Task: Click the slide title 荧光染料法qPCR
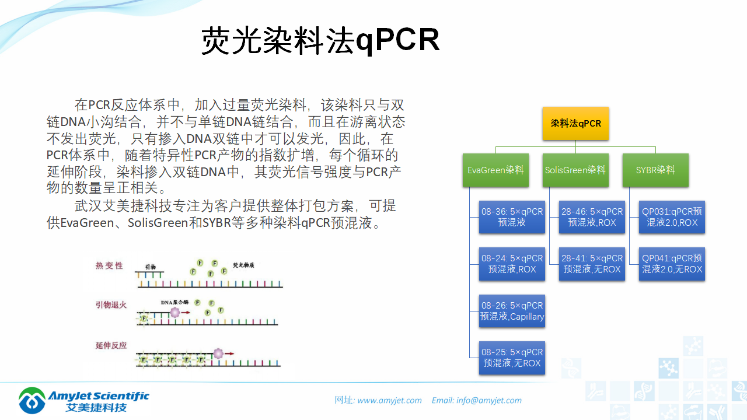point(320,41)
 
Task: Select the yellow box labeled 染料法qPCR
point(575,123)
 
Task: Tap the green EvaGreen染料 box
point(495,170)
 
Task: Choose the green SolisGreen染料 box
point(575,170)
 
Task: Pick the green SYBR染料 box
point(655,170)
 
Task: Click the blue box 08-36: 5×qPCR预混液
point(512,217)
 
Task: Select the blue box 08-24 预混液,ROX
point(512,264)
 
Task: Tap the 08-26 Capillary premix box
point(512,311)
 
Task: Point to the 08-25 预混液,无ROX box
point(512,358)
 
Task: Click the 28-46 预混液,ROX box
point(592,217)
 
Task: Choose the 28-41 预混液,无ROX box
point(592,264)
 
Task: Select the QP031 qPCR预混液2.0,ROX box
point(672,217)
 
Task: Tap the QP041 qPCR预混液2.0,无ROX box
point(672,264)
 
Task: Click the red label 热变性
point(110,265)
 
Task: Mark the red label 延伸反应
point(111,345)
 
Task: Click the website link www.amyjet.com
point(389,400)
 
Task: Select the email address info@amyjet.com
point(489,400)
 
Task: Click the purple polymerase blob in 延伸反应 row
point(218,353)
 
